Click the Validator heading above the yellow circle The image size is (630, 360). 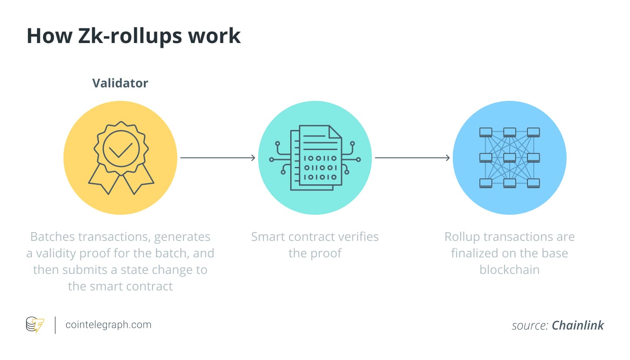click(120, 83)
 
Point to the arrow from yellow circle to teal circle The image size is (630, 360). click(217, 158)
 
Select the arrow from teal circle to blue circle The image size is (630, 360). click(412, 158)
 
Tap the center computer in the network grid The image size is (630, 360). click(510, 157)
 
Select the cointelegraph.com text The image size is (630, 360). click(108, 325)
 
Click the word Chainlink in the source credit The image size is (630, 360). click(577, 326)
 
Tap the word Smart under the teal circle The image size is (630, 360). click(269, 237)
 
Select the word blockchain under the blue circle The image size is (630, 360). click(509, 270)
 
